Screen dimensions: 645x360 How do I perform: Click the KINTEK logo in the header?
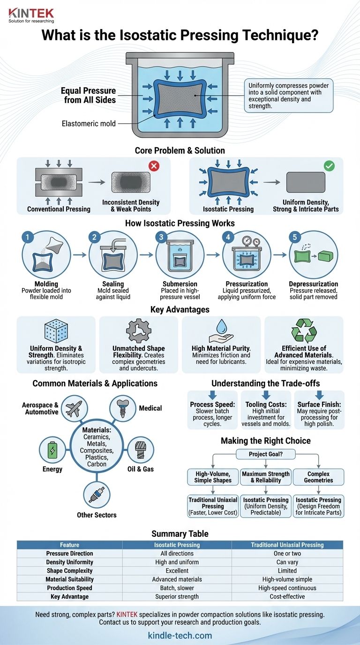tap(31, 14)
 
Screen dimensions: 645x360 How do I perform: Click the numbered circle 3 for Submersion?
tap(162, 238)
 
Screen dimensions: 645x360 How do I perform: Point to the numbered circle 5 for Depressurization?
tap(295, 238)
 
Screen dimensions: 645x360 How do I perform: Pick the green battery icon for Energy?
tap(51, 450)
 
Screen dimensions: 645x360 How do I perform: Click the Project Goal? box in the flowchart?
tap(266, 454)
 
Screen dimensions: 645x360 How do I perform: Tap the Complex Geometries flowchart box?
tap(319, 477)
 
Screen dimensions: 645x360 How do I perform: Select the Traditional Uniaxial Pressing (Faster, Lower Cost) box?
tap(213, 506)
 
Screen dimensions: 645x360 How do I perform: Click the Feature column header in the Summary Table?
tap(69, 545)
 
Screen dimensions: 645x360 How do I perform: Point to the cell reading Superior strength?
tap(177, 597)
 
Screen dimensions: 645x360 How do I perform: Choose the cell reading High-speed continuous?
tap(287, 588)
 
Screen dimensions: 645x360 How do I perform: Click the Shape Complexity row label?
tap(69, 570)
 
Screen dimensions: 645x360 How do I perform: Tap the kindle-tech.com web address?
tap(180, 636)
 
